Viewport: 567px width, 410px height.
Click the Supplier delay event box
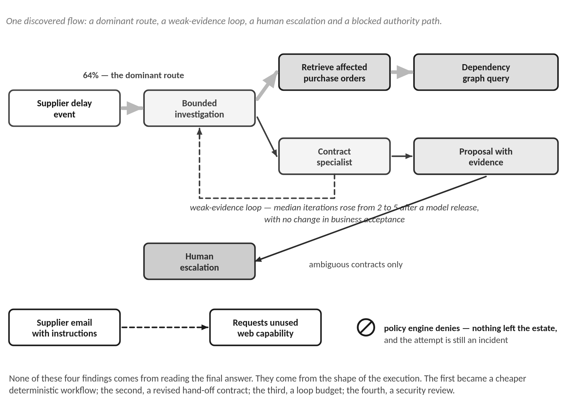tap(64, 108)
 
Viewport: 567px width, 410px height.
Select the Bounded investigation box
tap(199, 108)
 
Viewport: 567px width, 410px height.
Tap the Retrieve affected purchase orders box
tap(334, 72)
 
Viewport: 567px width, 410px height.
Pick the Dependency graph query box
tap(486, 72)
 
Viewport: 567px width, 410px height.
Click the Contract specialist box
tap(334, 156)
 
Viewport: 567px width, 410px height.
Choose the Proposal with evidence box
tap(486, 156)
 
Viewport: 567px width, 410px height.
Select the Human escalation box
tap(199, 262)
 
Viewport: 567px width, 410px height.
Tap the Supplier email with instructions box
tap(64, 327)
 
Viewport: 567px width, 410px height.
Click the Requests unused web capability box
tap(265, 327)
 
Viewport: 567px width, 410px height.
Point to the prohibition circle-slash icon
tap(366, 327)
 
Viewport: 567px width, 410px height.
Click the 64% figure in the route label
tap(91, 75)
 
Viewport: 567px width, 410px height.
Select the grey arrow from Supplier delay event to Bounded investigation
tap(132, 108)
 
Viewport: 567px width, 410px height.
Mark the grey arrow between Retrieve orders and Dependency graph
tap(402, 72)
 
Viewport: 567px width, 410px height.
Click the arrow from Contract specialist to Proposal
tap(402, 156)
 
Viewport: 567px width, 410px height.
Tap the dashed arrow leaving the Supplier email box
tap(165, 327)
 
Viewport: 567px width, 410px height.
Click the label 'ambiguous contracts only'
tap(356, 264)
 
